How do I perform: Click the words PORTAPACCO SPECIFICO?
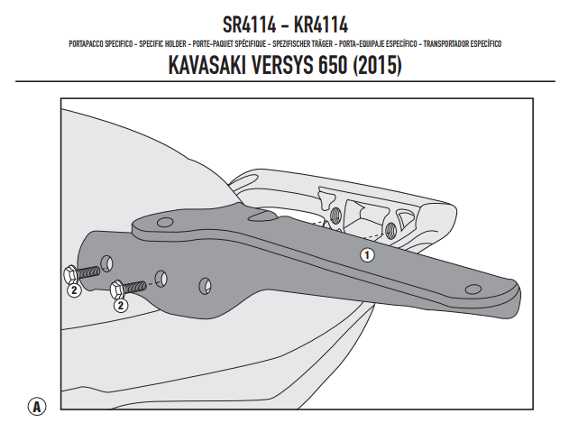(x=101, y=43)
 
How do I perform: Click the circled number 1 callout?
(x=366, y=255)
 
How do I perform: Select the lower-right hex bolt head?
(x=116, y=290)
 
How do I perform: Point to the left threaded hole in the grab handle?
(x=336, y=216)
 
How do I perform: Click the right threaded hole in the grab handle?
(x=392, y=231)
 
